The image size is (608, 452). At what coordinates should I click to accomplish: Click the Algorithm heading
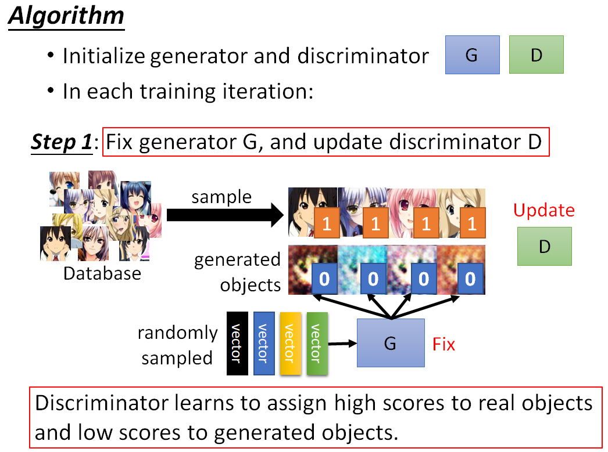coord(66,16)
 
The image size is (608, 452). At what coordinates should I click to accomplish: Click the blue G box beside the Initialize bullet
coord(472,55)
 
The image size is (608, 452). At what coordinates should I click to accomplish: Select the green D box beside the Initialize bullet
coord(536,55)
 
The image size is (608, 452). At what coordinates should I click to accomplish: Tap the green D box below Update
coord(544,247)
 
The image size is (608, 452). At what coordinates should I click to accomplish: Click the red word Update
coord(543,210)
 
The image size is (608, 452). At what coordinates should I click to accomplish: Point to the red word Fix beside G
coord(444,344)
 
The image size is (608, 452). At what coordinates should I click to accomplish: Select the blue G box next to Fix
coord(390,343)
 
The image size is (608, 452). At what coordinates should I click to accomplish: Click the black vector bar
coord(237,343)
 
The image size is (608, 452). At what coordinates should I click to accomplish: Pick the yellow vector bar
coord(290,343)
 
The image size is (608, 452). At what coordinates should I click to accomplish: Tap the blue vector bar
coord(263,343)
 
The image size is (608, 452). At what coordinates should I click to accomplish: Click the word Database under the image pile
coord(102,273)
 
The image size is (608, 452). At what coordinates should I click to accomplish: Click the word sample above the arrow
coord(221,197)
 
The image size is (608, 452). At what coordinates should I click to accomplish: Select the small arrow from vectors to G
coord(342,343)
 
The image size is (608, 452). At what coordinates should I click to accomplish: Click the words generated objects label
coord(238,272)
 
